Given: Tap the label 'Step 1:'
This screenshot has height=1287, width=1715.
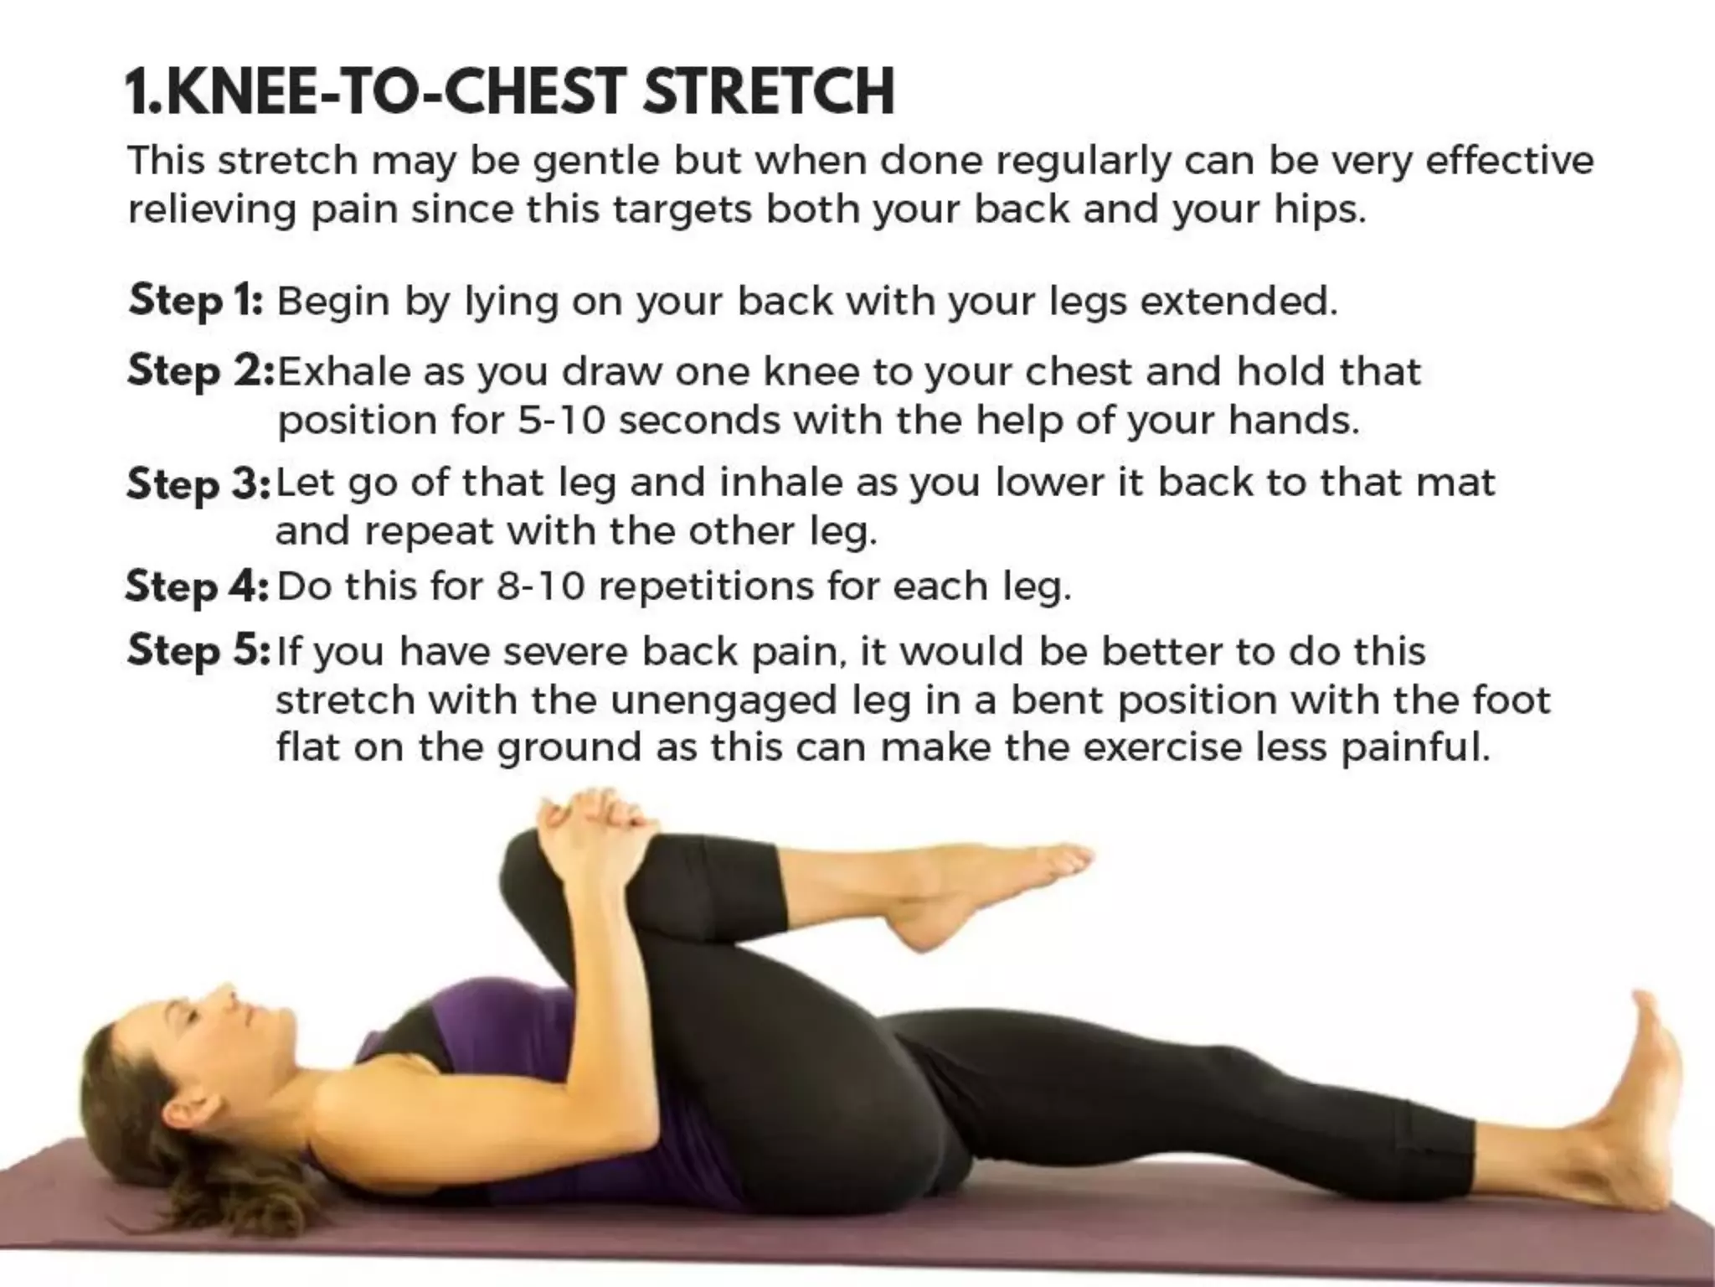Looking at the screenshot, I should pos(196,301).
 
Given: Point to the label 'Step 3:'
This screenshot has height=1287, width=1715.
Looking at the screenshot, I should pos(198,483).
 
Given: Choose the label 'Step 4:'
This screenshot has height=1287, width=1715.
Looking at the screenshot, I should pos(197,587).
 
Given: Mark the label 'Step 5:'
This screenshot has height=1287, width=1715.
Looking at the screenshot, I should pos(198,651).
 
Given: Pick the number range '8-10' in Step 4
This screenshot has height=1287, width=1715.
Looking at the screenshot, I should pos(539,587).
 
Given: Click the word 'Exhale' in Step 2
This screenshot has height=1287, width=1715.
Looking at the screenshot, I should pos(343,371).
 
